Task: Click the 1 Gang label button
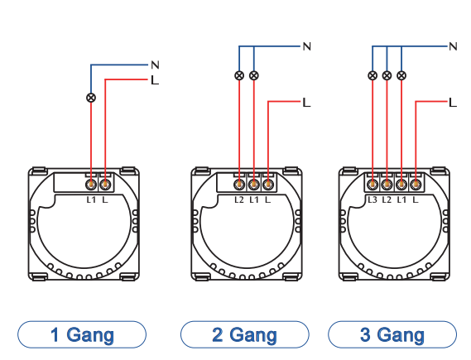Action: click(x=82, y=334)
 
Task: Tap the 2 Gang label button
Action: click(x=244, y=334)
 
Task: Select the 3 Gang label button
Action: click(x=392, y=334)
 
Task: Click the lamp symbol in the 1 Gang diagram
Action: click(x=91, y=98)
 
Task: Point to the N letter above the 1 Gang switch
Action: click(x=155, y=65)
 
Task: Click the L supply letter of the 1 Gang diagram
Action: click(x=155, y=80)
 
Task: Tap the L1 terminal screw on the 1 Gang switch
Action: click(x=91, y=185)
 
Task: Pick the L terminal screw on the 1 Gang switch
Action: click(x=105, y=185)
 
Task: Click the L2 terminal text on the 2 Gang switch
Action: click(x=239, y=199)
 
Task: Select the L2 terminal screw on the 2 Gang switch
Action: click(x=239, y=184)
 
